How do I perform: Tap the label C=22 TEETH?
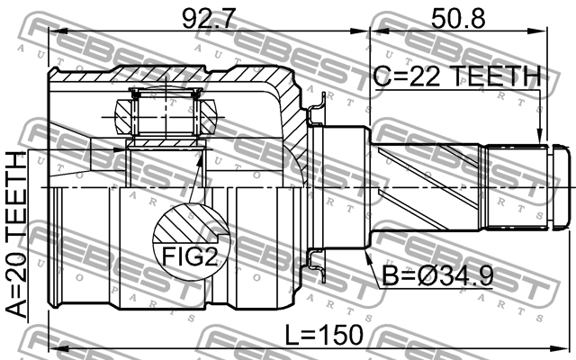pos(456,77)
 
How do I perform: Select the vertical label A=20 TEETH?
pos(19,236)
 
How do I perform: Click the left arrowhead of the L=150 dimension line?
pos(53,347)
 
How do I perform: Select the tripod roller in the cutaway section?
pos(166,114)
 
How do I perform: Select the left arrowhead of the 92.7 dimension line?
pos(53,32)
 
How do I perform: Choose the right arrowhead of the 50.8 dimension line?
pos(543,32)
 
